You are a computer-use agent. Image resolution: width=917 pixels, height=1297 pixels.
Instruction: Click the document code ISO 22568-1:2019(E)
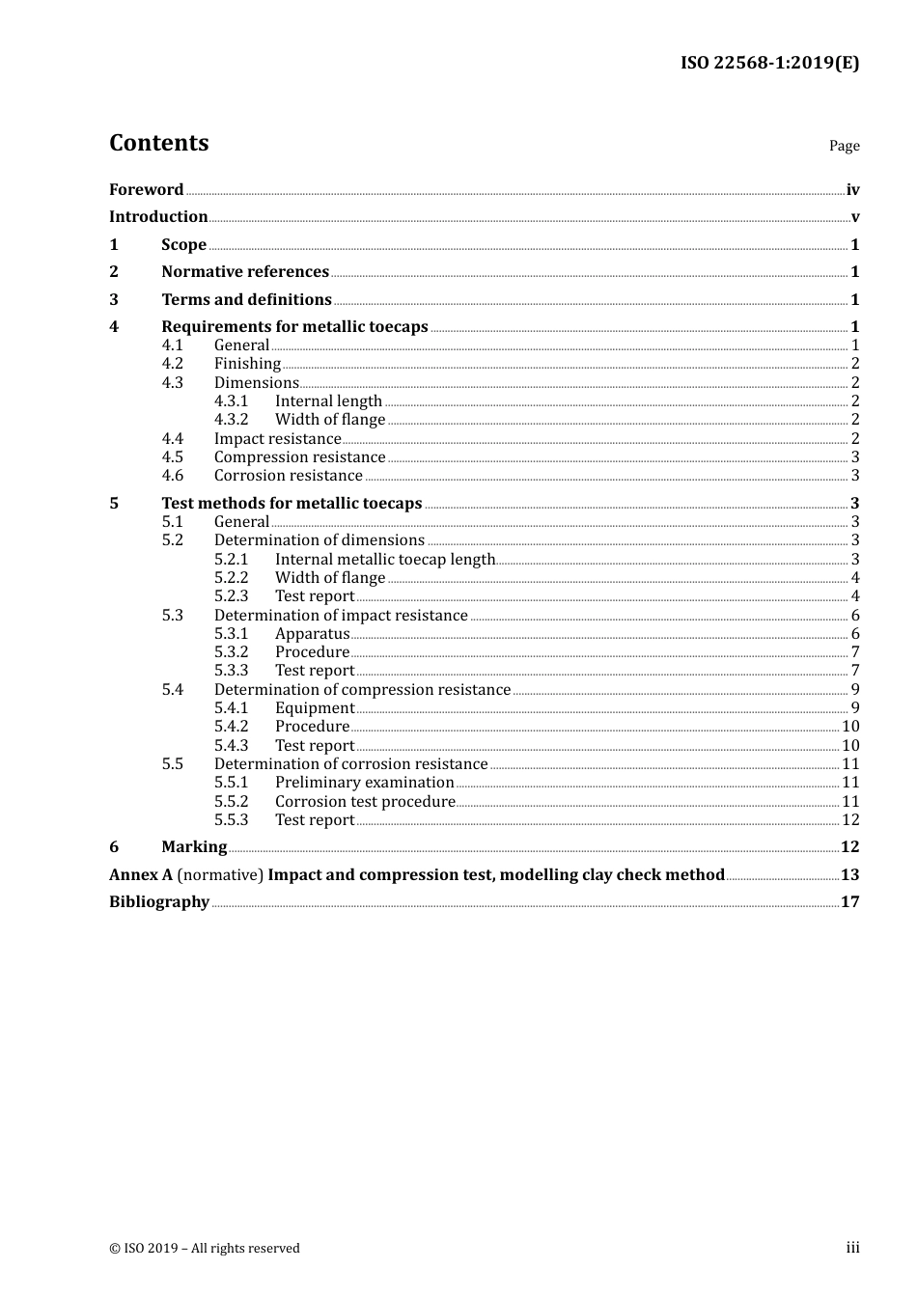pyautogui.click(x=769, y=64)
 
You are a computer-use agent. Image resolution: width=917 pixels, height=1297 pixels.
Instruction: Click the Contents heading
pyautogui.click(x=158, y=143)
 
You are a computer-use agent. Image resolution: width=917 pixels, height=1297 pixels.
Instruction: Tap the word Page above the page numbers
pyautogui.click(x=844, y=146)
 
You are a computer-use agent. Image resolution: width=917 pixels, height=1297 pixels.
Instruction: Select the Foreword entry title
pyautogui.click(x=146, y=190)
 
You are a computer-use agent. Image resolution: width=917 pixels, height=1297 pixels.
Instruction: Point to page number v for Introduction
pyautogui.click(x=854, y=217)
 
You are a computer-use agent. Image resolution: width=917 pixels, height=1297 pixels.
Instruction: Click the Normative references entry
pyautogui.click(x=245, y=272)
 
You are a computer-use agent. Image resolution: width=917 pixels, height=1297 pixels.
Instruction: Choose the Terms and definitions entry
pyautogui.click(x=246, y=300)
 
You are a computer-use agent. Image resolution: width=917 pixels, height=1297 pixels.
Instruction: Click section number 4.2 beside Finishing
pyautogui.click(x=172, y=364)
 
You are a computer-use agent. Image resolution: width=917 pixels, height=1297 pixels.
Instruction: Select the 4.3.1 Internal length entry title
pyautogui.click(x=328, y=401)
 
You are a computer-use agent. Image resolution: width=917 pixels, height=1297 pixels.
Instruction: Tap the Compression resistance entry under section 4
pyautogui.click(x=299, y=457)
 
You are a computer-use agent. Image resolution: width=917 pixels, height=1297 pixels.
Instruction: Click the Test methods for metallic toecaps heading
pyautogui.click(x=292, y=504)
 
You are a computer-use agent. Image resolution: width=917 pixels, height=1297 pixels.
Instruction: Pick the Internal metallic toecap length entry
pyautogui.click(x=384, y=560)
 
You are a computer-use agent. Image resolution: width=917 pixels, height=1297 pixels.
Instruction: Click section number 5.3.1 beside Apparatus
pyautogui.click(x=231, y=634)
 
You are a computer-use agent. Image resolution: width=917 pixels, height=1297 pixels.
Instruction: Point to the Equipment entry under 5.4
pyautogui.click(x=314, y=708)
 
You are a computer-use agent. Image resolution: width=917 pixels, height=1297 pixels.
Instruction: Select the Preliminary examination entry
pyautogui.click(x=364, y=783)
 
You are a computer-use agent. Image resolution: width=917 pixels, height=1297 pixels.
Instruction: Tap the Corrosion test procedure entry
pyautogui.click(x=364, y=802)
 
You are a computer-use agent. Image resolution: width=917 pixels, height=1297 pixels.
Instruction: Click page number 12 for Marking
pyautogui.click(x=849, y=847)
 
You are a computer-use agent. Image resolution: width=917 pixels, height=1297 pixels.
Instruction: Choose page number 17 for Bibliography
pyautogui.click(x=849, y=902)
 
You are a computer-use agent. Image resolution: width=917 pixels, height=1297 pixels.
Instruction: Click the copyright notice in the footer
pyautogui.click(x=205, y=1249)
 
